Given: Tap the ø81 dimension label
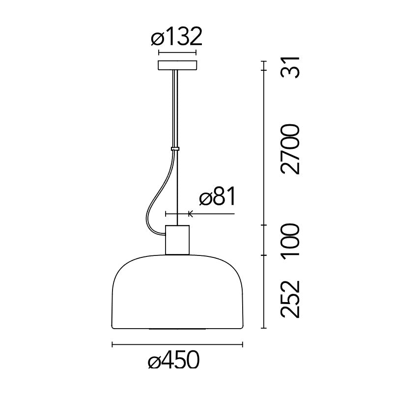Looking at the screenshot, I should point(217,197).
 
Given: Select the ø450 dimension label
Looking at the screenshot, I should point(174,361).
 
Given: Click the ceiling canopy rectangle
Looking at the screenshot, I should point(177,65).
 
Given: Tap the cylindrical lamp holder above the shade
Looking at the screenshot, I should point(177,240).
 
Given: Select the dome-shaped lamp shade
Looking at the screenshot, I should point(177,295).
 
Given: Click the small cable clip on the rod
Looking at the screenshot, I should point(175,148).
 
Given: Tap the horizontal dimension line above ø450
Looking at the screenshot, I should point(178,345).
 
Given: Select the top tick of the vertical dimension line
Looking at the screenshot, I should point(265,61).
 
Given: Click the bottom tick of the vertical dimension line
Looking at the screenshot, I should point(265,328).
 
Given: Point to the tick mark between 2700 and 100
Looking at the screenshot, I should point(265,225).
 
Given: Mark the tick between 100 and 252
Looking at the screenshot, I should point(265,255).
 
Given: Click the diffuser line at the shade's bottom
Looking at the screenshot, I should point(178,328).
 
